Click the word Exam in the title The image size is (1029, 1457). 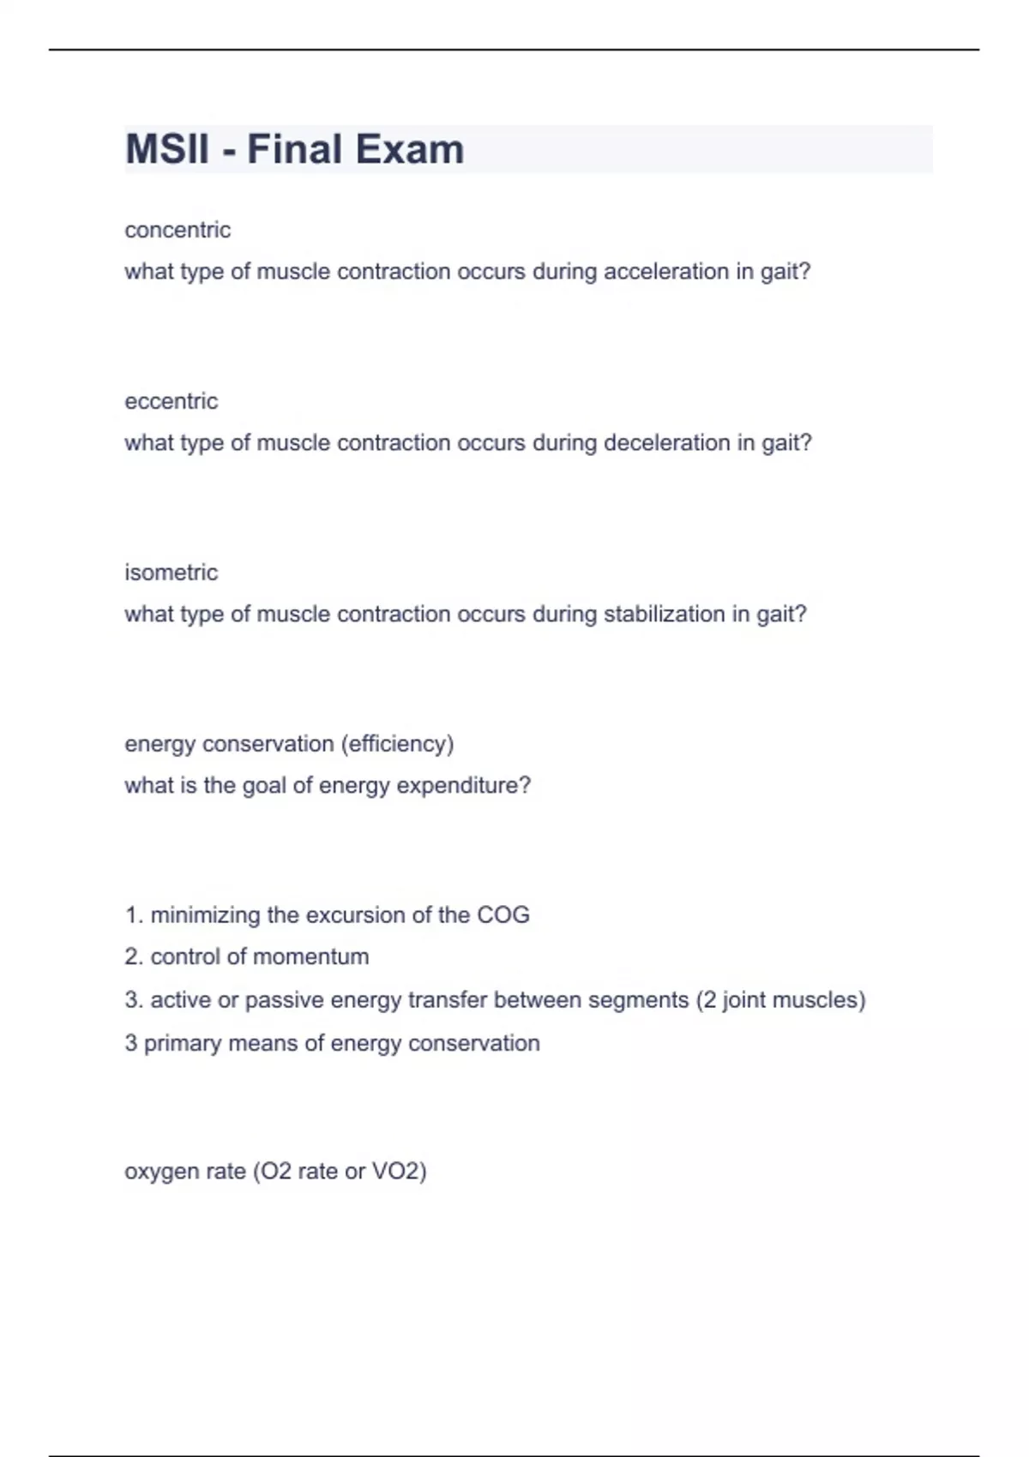point(409,149)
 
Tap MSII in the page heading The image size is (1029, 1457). point(167,149)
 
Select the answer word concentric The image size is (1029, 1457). point(178,230)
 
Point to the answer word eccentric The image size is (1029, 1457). point(171,401)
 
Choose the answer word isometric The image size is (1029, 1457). point(171,573)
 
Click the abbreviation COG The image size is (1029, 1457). point(503,915)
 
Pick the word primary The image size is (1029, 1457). point(179,1044)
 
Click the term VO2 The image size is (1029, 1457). point(398,1172)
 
